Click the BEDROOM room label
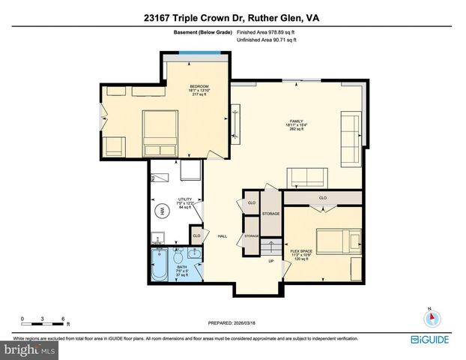click(x=199, y=85)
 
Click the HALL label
click(x=223, y=236)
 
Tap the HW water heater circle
click(x=159, y=211)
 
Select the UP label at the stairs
click(x=271, y=261)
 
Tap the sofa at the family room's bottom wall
click(x=308, y=177)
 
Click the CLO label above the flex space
click(x=322, y=198)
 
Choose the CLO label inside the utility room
click(x=196, y=235)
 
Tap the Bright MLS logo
click(x=29, y=349)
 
